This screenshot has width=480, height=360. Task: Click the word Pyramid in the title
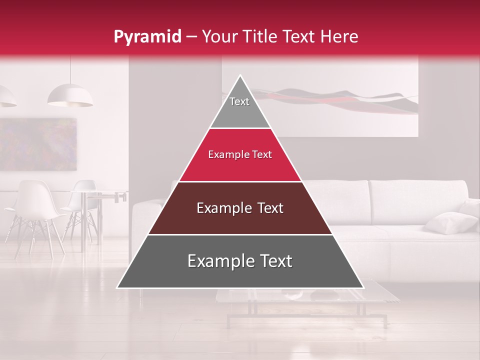pos(147,37)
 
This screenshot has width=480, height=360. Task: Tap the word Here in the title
pos(340,37)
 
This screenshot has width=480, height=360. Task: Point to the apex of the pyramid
pos(240,76)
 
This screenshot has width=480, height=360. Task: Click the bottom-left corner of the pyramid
pos(118,287)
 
